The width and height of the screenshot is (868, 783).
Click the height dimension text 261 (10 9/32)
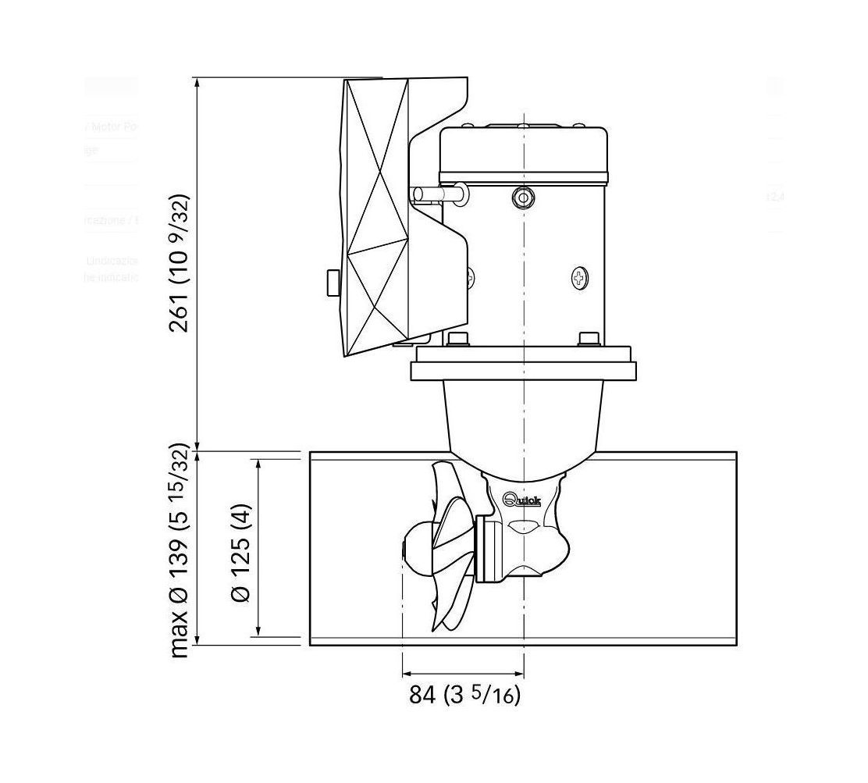tap(180, 262)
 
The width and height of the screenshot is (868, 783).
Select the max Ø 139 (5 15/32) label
tap(180, 553)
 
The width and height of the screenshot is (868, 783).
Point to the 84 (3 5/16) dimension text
tap(464, 694)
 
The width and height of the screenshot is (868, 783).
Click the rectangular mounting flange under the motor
tap(523, 364)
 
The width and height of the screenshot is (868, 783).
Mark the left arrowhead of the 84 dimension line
tap(407, 674)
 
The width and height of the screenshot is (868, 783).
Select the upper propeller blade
tap(449, 500)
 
